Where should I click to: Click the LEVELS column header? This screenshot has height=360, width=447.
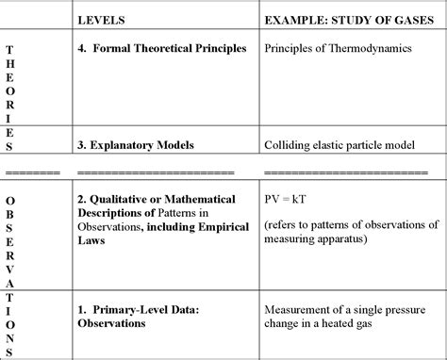[x=100, y=18]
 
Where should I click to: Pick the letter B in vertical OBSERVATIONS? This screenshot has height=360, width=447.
[x=9, y=215]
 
